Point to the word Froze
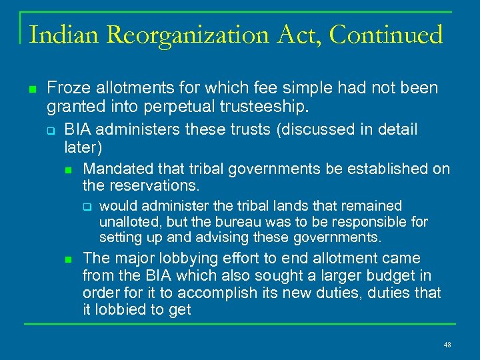[67, 88]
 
